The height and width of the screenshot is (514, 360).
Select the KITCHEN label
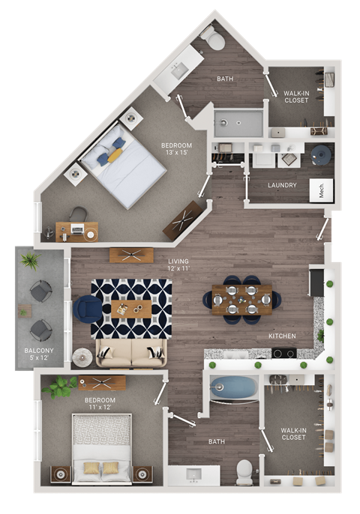pyautogui.click(x=282, y=336)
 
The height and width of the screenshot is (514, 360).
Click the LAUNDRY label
pyautogui.click(x=282, y=185)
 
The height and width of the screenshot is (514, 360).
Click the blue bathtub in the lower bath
pyautogui.click(x=233, y=388)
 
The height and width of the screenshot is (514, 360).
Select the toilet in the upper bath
pyautogui.click(x=214, y=38)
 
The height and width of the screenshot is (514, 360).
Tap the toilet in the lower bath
pyautogui.click(x=245, y=471)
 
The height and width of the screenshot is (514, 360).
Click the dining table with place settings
pyautogui.click(x=241, y=299)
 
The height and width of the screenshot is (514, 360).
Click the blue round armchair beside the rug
pyautogui.click(x=88, y=309)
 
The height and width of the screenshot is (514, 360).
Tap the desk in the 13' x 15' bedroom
pyautogui.click(x=76, y=231)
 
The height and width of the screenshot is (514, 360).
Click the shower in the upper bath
pyautogui.click(x=238, y=123)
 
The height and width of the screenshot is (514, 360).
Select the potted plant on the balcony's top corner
pyautogui.click(x=30, y=260)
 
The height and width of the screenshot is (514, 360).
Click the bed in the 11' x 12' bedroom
pyautogui.click(x=100, y=448)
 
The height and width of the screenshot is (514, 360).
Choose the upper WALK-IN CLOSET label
pyautogui.click(x=295, y=97)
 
